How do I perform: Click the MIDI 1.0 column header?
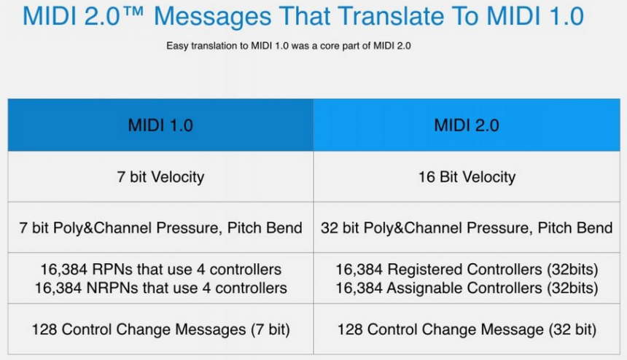[x=160, y=125]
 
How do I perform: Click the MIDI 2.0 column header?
[x=467, y=125]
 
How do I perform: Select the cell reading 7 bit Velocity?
[x=160, y=177]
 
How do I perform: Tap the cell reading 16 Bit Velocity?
[x=467, y=177]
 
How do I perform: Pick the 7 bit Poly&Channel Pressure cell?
[x=160, y=228]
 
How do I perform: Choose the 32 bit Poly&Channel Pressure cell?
[x=467, y=228]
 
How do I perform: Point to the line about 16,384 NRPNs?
[x=160, y=288]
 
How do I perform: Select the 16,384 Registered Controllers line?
[x=467, y=270]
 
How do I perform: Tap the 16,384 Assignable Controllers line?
[x=467, y=288]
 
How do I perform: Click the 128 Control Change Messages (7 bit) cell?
[x=160, y=329]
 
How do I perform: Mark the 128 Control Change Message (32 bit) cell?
[x=467, y=329]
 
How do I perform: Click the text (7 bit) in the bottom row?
[x=270, y=329]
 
